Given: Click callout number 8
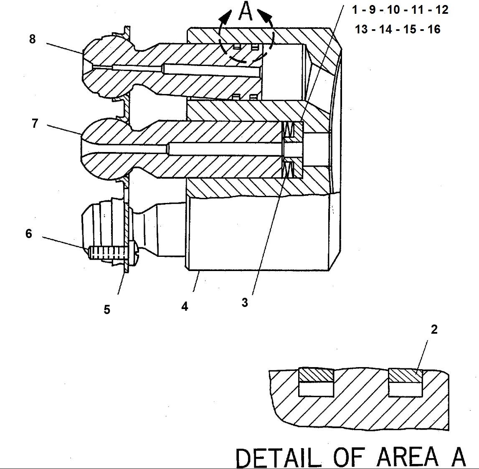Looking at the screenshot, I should coord(33,39).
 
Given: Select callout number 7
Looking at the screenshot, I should coord(35,124).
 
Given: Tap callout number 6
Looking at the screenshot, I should coord(28,233).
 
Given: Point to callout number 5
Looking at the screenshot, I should coord(107,309).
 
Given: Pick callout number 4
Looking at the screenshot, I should coord(185,307).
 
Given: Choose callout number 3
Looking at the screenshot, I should coord(245,302).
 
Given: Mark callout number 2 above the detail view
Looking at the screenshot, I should coord(434,330).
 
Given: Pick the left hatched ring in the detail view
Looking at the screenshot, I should coord(316,375).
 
